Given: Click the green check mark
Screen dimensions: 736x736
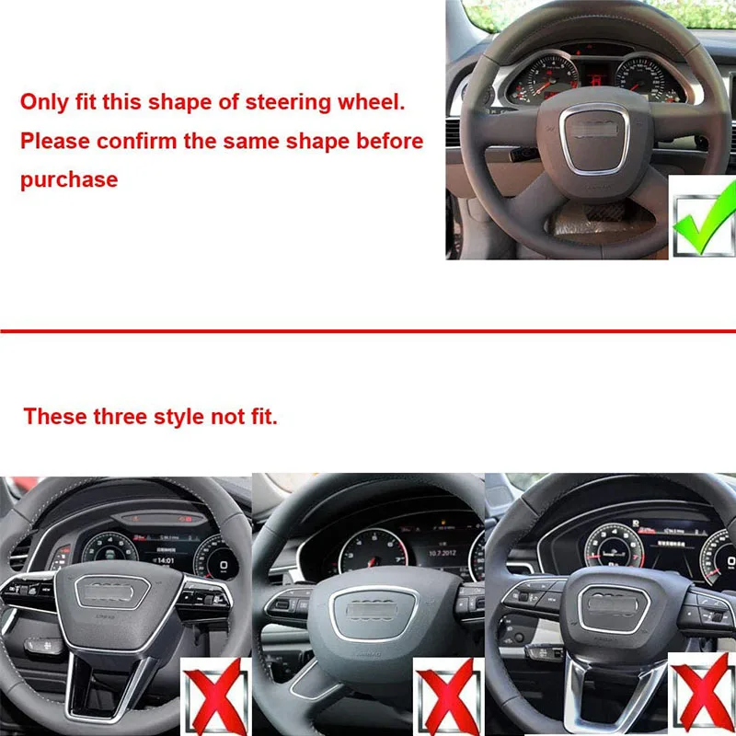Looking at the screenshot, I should click(x=702, y=216).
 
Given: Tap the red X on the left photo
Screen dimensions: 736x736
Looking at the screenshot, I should click(x=214, y=696).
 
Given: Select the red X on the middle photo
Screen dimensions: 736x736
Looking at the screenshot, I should click(x=446, y=696).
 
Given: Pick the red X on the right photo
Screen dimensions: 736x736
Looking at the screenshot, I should click(x=703, y=696).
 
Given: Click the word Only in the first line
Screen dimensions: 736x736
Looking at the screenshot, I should click(x=43, y=102).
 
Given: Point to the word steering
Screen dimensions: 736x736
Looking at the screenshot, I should click(x=292, y=102).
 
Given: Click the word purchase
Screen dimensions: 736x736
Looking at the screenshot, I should click(x=69, y=179).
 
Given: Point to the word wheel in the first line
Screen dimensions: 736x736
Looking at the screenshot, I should click(x=370, y=102).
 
